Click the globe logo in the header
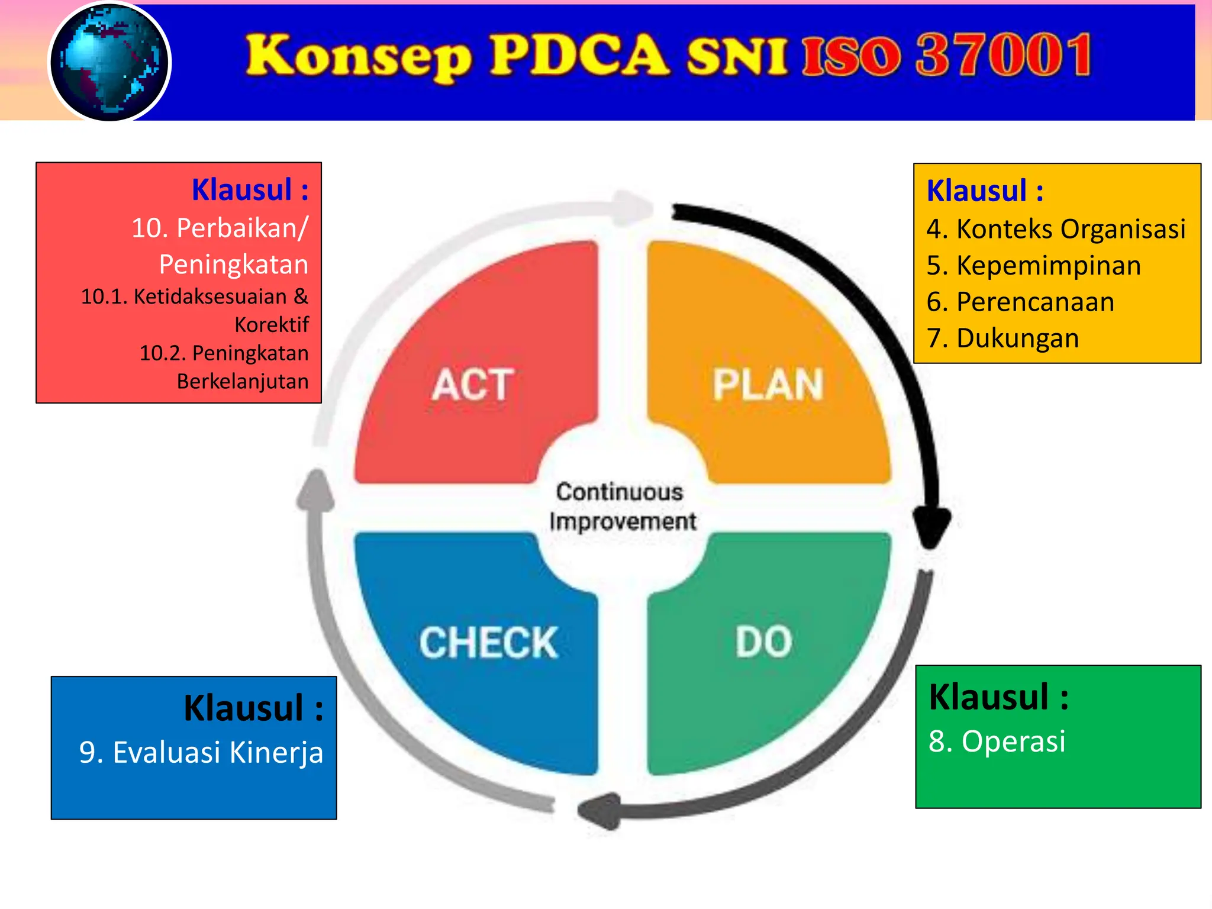click(109, 62)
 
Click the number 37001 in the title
click(1004, 56)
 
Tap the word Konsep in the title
click(359, 57)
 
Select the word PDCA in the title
click(580, 56)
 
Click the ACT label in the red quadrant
click(472, 385)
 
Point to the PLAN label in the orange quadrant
click(768, 385)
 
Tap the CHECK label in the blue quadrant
click(488, 643)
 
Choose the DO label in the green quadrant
click(763, 642)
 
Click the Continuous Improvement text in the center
click(621, 507)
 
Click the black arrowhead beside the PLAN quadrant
click(931, 527)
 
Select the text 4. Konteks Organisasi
click(1056, 229)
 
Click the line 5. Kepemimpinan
click(1033, 266)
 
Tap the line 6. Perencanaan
click(1020, 302)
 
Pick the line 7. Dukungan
click(1003, 339)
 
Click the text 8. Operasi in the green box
click(997, 742)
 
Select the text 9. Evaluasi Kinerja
click(201, 753)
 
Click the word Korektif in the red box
click(272, 325)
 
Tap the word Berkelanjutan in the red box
click(243, 382)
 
